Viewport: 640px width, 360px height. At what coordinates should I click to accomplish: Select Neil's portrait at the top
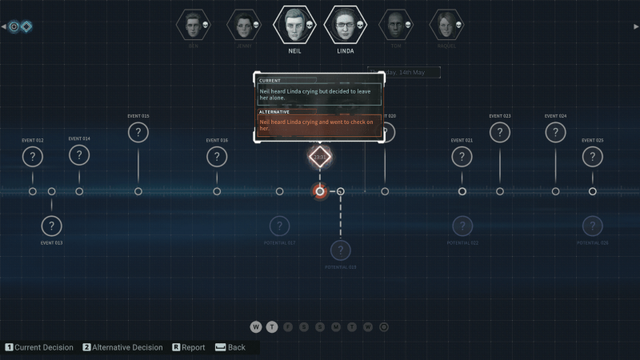[295, 25]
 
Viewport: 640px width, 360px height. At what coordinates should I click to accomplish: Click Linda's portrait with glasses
[346, 25]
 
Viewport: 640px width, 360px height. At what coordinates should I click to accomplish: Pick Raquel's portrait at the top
[446, 25]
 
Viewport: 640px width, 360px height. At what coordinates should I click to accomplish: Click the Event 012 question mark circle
[33, 157]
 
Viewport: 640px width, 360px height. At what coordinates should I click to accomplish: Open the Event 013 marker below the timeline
[52, 226]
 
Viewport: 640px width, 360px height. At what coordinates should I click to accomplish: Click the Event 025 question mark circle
[593, 157]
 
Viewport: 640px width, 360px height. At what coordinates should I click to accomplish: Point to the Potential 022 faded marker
[462, 226]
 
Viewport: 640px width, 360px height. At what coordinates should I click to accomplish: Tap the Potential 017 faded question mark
[280, 226]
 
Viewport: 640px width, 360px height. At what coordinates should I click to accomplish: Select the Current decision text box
[319, 94]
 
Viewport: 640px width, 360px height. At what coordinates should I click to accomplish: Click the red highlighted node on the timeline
[320, 191]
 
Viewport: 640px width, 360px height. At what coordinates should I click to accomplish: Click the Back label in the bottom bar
[236, 348]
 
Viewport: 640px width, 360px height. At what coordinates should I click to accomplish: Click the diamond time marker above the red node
[320, 156]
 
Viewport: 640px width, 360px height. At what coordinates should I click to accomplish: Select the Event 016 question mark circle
[217, 157]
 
